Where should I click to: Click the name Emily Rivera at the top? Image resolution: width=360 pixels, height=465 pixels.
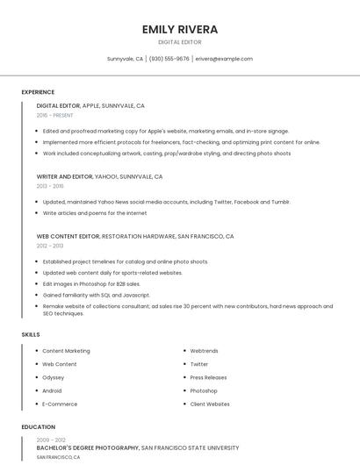[180, 29]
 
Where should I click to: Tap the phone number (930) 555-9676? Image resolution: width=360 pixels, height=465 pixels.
[169, 59]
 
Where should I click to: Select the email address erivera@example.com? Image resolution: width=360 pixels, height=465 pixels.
[224, 59]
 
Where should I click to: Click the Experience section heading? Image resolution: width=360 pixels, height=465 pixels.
[38, 92]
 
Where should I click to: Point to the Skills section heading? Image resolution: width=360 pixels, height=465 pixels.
[31, 334]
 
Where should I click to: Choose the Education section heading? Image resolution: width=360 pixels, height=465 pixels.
[38, 427]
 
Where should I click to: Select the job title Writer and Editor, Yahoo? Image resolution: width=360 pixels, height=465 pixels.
[99, 176]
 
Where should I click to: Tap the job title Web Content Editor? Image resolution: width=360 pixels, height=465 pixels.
[68, 236]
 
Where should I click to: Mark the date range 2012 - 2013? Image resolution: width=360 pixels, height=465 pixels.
[50, 246]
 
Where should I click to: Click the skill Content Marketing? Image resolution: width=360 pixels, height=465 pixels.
[66, 351]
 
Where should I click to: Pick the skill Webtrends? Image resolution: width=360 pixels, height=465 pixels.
[204, 351]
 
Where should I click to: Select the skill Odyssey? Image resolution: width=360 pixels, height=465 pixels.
[54, 377]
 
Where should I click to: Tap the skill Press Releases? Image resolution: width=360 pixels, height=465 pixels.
[208, 377]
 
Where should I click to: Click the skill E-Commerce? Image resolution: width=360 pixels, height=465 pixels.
[60, 404]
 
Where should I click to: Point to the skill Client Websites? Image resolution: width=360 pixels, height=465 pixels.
[210, 404]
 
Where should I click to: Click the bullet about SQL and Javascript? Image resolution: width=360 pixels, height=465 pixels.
[97, 296]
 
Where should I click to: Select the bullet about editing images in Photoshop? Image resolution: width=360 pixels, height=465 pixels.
[91, 284]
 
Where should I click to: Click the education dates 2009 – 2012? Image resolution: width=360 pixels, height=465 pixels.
[51, 440]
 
